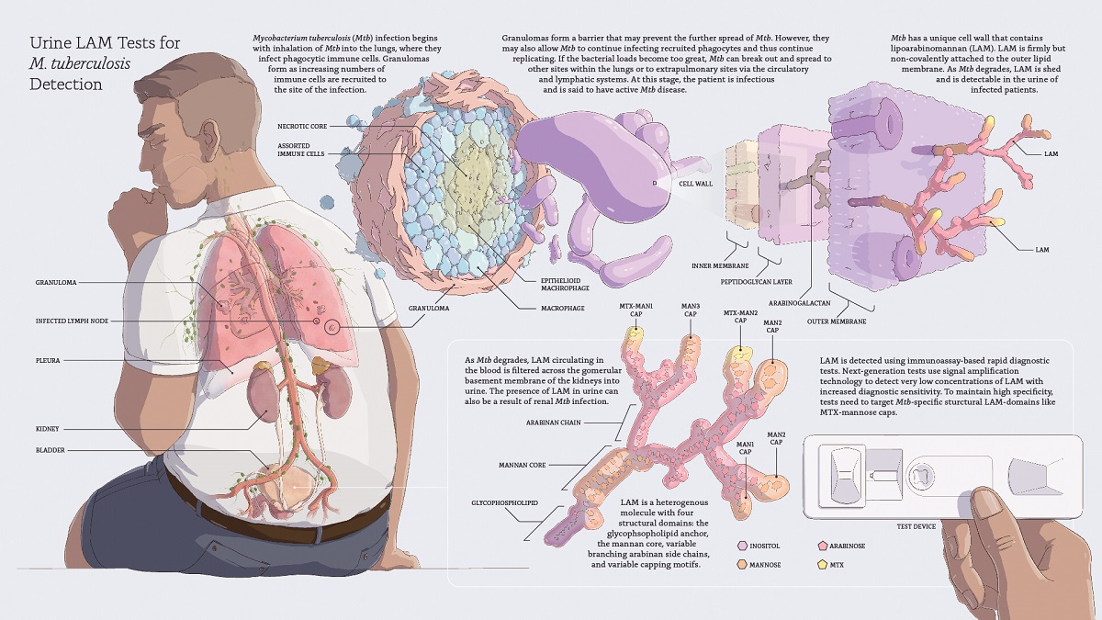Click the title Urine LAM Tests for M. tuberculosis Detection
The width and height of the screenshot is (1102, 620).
pos(105,63)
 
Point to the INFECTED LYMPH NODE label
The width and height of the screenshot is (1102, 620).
pos(70,321)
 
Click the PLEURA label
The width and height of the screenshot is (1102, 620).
pos(48,361)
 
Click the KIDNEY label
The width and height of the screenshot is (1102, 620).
pos(49,428)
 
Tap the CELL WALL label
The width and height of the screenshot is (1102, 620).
pos(695,184)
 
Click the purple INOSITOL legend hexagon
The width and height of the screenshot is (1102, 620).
pos(742,546)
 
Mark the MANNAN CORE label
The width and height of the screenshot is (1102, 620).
pos(522,466)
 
